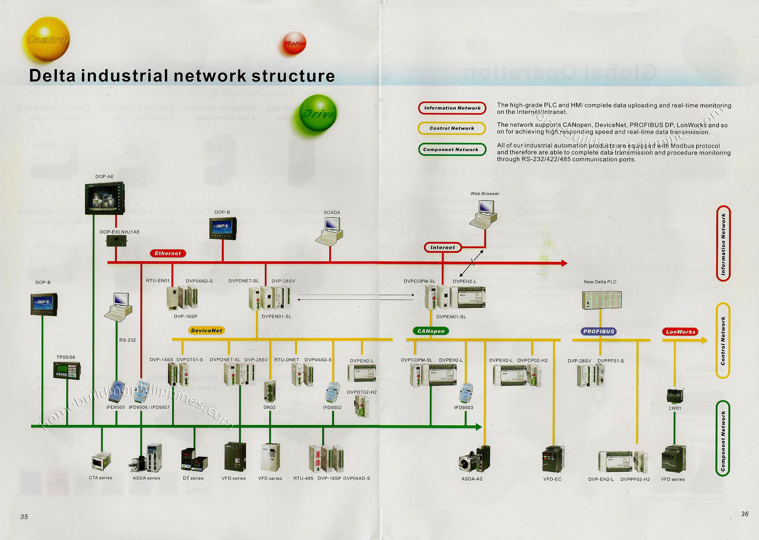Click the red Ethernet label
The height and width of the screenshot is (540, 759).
pos(167,253)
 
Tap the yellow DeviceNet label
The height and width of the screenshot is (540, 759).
pos(206,330)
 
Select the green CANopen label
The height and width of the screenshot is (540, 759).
pos(431,331)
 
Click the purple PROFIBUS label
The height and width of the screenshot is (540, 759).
pos(598,331)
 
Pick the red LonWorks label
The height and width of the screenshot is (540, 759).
pos(680,332)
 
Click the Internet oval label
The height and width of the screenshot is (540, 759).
pos(442,247)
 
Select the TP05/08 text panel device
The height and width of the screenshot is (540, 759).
pos(66,371)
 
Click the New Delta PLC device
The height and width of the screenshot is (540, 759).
pos(601,300)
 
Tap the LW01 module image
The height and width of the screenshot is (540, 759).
pos(675,396)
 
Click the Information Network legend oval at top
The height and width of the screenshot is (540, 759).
pos(452,108)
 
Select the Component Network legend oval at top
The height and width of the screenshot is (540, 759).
pos(452,149)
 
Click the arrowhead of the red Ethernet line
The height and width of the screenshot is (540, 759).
pos(564,263)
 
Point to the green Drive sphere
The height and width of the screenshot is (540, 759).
pos(318,113)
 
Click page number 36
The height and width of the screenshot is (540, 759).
pos(745,513)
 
